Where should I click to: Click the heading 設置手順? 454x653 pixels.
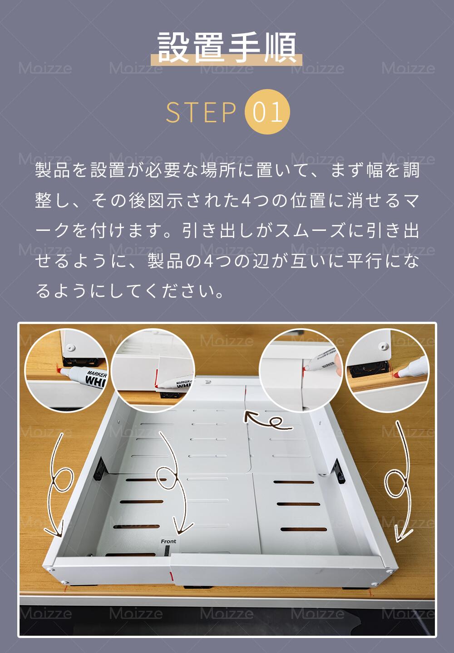(227, 47)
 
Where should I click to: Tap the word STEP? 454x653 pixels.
(201, 112)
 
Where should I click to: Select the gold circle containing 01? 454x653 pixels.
(267, 112)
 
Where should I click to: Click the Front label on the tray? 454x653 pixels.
(168, 541)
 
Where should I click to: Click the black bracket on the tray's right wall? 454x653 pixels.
(339, 471)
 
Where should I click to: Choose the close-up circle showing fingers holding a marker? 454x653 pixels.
(301, 370)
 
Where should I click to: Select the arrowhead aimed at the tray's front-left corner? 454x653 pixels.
(55, 531)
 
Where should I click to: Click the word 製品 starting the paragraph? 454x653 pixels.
(52, 170)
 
